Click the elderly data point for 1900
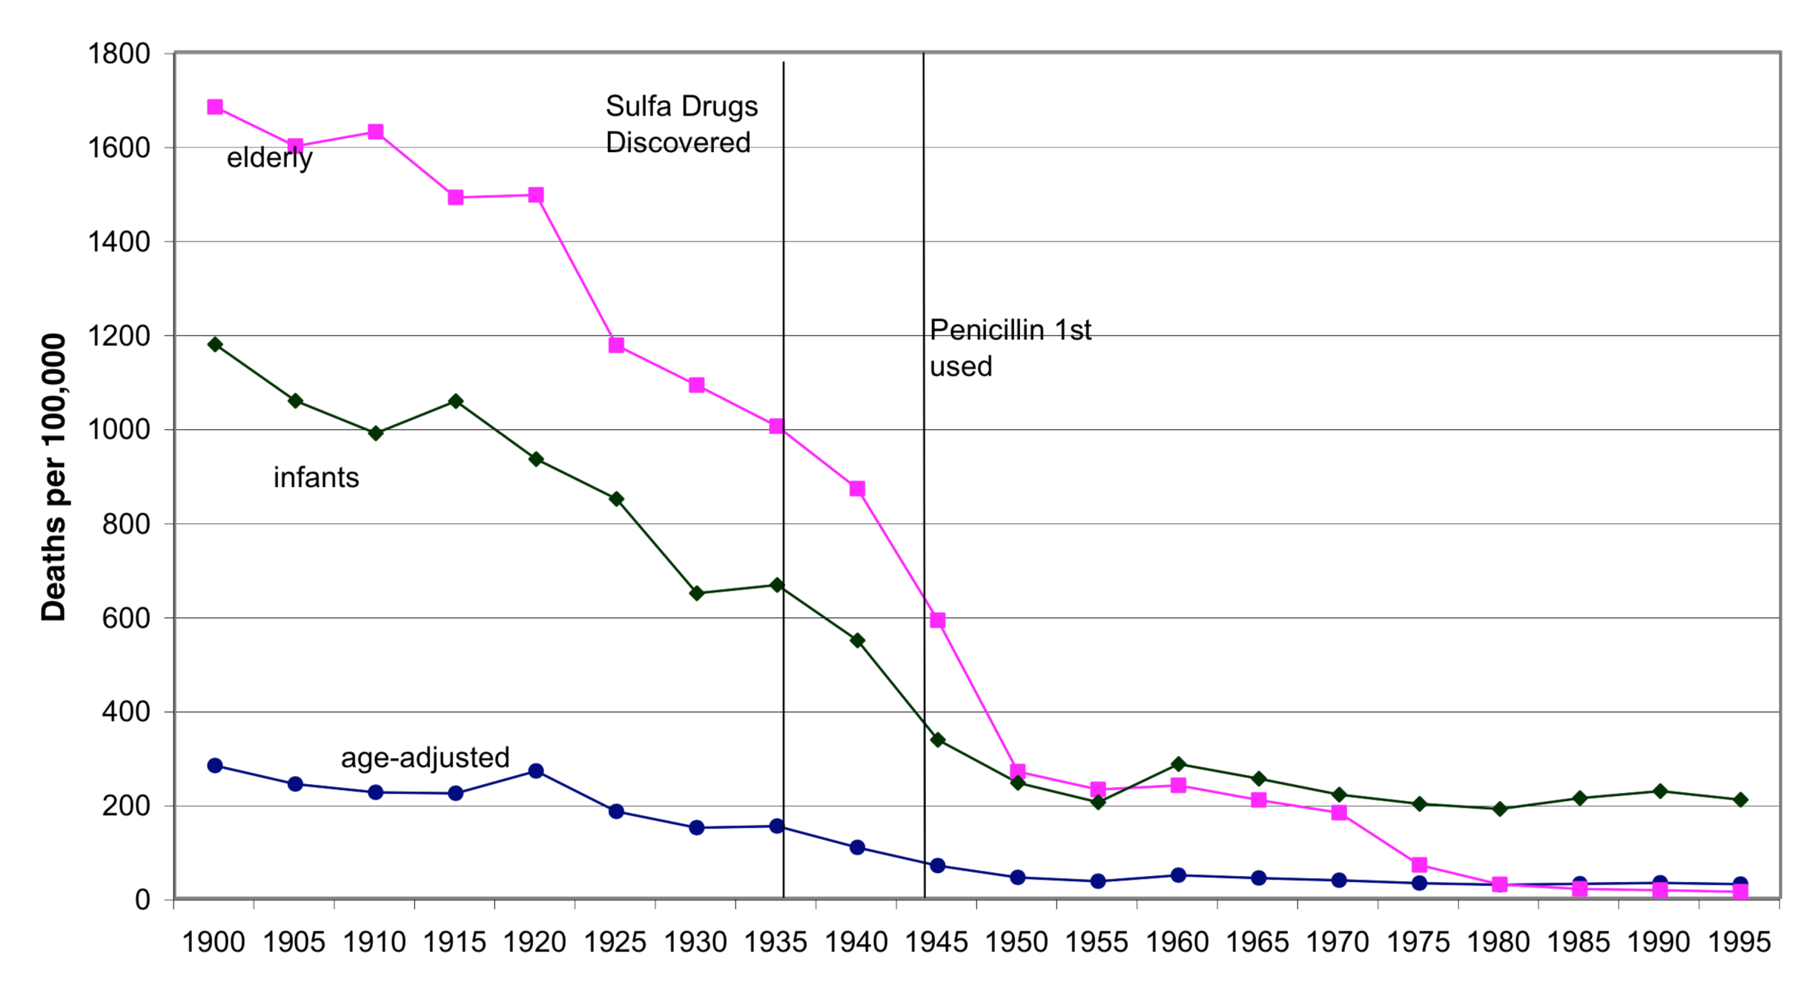pyautogui.click(x=215, y=107)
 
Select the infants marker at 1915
pyautogui.click(x=456, y=401)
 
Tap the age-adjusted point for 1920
pyautogui.click(x=536, y=771)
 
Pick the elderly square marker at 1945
pyautogui.click(x=938, y=620)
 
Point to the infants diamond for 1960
pyautogui.click(x=1178, y=764)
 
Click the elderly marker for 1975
pyautogui.click(x=1419, y=865)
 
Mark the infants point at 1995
pyautogui.click(x=1740, y=800)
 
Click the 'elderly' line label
pyautogui.click(x=269, y=158)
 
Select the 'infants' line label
pyautogui.click(x=316, y=478)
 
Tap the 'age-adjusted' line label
pyautogui.click(x=425, y=757)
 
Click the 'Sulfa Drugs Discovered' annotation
pyautogui.click(x=681, y=124)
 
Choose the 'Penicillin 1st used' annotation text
pyautogui.click(x=1010, y=348)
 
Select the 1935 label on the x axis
pyautogui.click(x=775, y=943)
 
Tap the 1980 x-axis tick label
pyautogui.click(x=1498, y=943)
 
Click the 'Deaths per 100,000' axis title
pyautogui.click(x=53, y=477)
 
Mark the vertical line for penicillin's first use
pyautogui.click(x=924, y=519)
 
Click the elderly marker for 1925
pyautogui.click(x=616, y=345)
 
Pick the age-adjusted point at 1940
pyautogui.click(x=857, y=847)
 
